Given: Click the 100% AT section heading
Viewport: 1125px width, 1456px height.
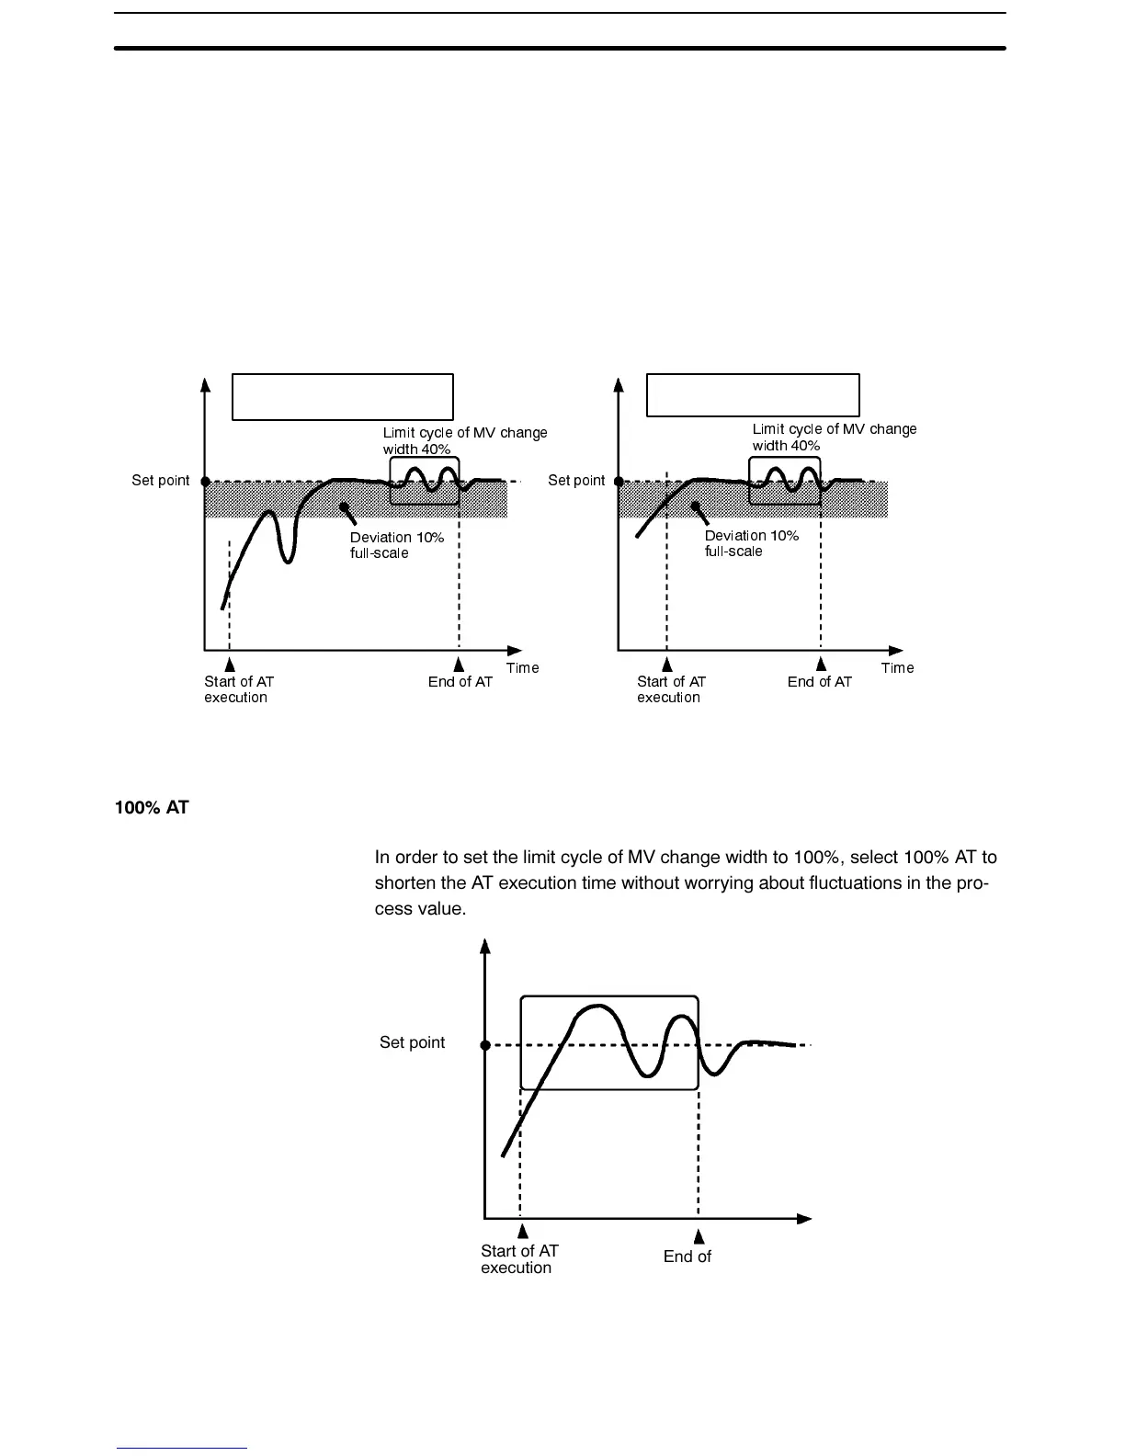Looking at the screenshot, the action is (152, 808).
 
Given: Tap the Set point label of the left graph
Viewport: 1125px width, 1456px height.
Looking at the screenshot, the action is (161, 481).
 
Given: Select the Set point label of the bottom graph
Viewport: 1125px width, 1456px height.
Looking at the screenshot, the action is (412, 1042).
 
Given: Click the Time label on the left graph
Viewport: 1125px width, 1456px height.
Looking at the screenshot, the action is (522, 668).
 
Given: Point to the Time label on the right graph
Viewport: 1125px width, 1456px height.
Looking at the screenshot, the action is (897, 668).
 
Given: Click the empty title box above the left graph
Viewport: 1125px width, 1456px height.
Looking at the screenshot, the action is (342, 397).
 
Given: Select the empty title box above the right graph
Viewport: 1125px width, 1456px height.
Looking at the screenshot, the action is (753, 395).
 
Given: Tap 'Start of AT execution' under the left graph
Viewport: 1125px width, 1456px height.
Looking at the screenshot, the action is (238, 689).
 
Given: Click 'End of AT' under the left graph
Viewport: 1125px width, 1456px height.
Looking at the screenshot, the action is (460, 682).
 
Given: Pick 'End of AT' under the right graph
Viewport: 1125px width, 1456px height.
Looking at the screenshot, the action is (819, 682).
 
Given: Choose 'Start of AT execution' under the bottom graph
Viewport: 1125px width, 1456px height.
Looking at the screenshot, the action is (519, 1259).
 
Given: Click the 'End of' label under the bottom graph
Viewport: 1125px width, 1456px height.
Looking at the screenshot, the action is (687, 1257).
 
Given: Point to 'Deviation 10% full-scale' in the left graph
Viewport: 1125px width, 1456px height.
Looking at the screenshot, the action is (396, 545).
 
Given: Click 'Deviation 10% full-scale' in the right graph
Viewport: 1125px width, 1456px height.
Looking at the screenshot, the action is (751, 543).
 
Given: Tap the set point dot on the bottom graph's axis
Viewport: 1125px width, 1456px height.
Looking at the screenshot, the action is (485, 1045).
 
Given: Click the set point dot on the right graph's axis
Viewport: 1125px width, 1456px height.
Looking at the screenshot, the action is (619, 481).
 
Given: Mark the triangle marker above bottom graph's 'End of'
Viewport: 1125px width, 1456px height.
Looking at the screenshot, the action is (699, 1236).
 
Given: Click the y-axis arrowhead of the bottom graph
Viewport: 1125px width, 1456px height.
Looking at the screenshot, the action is (485, 946).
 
